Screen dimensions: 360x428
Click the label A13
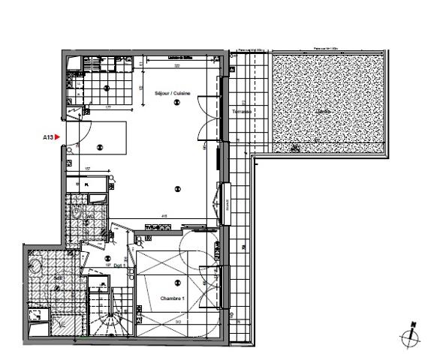(47, 137)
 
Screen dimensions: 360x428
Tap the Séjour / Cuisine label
(173, 93)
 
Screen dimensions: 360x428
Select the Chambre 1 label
(172, 298)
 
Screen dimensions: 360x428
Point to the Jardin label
(324, 112)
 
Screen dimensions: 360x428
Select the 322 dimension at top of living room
(178, 67)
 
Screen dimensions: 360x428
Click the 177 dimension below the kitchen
(109, 107)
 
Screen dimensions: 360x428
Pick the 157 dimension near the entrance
(87, 169)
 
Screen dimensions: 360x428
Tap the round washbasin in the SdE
(35, 264)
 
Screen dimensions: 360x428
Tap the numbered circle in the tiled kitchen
(107, 88)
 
